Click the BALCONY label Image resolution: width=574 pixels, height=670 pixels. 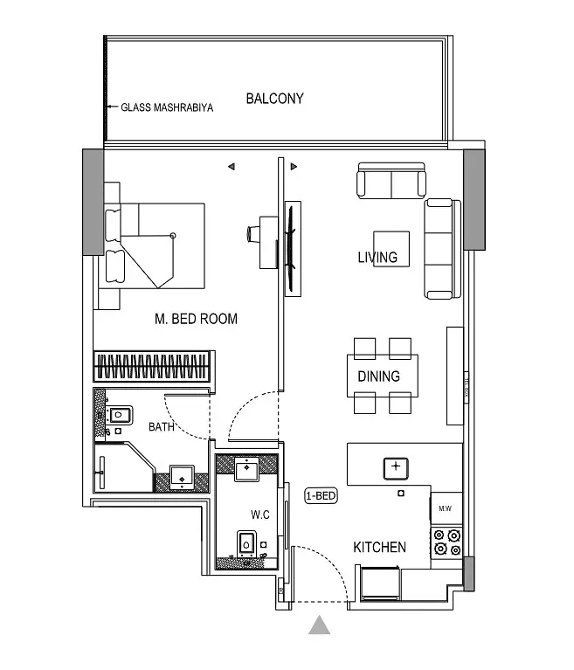point(275,99)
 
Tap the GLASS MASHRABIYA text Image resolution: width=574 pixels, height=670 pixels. point(167,107)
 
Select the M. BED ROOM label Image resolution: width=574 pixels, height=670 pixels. point(196,319)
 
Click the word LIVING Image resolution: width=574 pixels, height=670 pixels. point(377,257)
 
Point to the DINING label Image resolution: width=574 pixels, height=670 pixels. point(378,376)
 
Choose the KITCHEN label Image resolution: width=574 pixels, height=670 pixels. point(379,548)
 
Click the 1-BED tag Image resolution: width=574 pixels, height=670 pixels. point(321,495)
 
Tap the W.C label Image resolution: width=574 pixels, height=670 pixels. point(259,515)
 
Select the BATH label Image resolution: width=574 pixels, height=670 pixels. point(161,427)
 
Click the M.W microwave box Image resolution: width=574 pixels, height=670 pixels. point(446,508)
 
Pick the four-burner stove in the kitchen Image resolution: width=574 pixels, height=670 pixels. point(447,542)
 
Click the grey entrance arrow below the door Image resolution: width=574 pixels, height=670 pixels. point(319,625)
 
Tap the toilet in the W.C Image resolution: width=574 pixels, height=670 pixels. point(246,544)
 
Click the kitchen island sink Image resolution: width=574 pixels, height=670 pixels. point(396,468)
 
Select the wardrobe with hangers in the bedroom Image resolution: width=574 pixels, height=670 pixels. point(152,366)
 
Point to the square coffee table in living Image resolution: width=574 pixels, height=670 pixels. point(391,249)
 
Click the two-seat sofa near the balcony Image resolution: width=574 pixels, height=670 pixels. point(391,180)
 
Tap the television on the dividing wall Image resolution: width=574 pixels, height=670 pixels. point(291,249)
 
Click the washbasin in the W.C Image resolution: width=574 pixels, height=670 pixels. point(246,469)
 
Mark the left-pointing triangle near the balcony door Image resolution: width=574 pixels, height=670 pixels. point(232,166)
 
